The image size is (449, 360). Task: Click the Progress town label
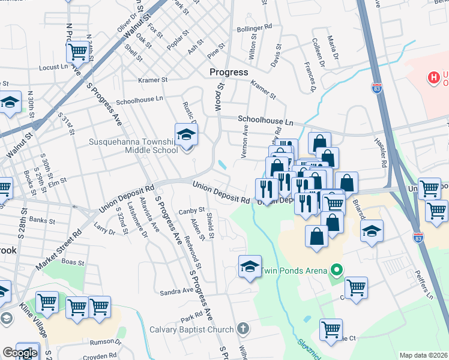[228, 72]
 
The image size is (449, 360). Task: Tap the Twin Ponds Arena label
[294, 271]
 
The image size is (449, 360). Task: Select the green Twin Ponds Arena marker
[336, 271]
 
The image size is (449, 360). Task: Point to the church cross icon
[243, 329]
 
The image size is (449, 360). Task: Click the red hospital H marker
[433, 77]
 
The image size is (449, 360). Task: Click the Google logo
[20, 353]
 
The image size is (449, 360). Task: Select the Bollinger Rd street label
[255, 28]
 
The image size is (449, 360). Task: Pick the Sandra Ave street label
[176, 292]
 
